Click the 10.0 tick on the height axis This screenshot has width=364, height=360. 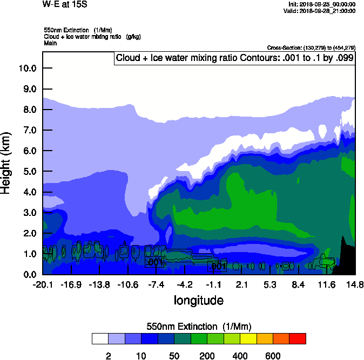(27, 68)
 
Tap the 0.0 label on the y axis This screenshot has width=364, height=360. (29, 274)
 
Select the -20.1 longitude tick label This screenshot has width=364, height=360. (43, 284)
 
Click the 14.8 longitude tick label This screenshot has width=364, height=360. (355, 284)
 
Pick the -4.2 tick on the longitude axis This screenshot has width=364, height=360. (185, 284)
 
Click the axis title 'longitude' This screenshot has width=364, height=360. (198, 300)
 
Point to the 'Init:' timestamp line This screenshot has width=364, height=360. (322, 4)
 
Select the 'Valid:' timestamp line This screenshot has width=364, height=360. (321, 11)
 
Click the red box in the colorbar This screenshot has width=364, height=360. (298, 338)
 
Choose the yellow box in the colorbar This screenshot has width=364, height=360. (248, 338)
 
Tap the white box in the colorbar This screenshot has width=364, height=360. (100, 338)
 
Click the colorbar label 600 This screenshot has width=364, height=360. (273, 356)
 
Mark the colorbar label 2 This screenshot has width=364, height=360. (108, 356)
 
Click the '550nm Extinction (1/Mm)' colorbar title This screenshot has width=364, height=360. (199, 326)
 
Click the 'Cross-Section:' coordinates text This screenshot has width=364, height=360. (311, 48)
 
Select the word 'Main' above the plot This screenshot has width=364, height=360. (50, 43)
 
